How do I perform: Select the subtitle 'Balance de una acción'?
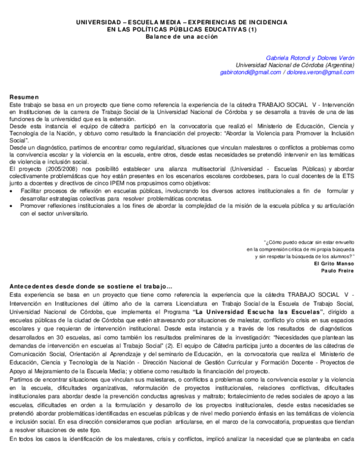coord(181,36)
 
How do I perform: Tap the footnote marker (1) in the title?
coord(252,29)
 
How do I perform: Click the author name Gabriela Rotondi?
coord(289,58)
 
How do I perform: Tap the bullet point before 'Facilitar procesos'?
coord(13,191)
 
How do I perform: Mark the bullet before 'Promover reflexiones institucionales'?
coord(13,206)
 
